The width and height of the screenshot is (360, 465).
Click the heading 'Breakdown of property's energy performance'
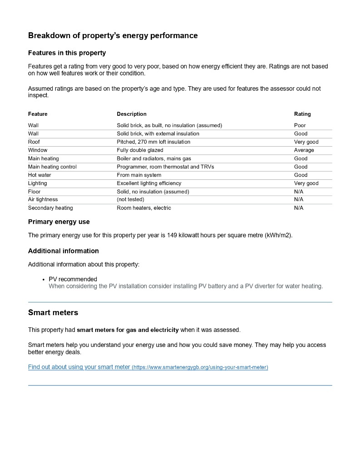pyautogui.click(x=113, y=35)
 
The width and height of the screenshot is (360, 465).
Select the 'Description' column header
pyautogui.click(x=132, y=114)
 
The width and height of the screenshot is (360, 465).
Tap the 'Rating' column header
pyautogui.click(x=302, y=114)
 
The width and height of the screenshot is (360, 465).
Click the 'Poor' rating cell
pyautogui.click(x=300, y=125)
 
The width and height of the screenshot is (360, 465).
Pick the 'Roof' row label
pyautogui.click(x=34, y=142)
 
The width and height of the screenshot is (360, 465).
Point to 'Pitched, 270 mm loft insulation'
pyautogui.click(x=153, y=142)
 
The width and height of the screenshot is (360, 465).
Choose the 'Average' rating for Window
pyautogui.click(x=304, y=150)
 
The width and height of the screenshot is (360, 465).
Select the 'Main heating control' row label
pyautogui.click(x=52, y=167)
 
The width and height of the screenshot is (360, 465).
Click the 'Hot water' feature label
pyautogui.click(x=39, y=175)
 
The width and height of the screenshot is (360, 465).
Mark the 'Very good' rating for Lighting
pyautogui.click(x=306, y=183)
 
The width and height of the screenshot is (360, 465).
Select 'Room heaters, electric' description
pyautogui.click(x=144, y=208)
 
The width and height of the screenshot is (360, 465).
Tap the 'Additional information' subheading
pyautogui.click(x=63, y=251)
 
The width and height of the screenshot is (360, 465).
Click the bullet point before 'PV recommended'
pyautogui.click(x=43, y=279)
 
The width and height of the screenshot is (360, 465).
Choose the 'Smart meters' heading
pyautogui.click(x=53, y=312)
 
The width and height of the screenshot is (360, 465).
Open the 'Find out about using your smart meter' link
pyautogui.click(x=79, y=367)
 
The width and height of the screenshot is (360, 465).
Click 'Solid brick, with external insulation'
pyautogui.click(x=158, y=134)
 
